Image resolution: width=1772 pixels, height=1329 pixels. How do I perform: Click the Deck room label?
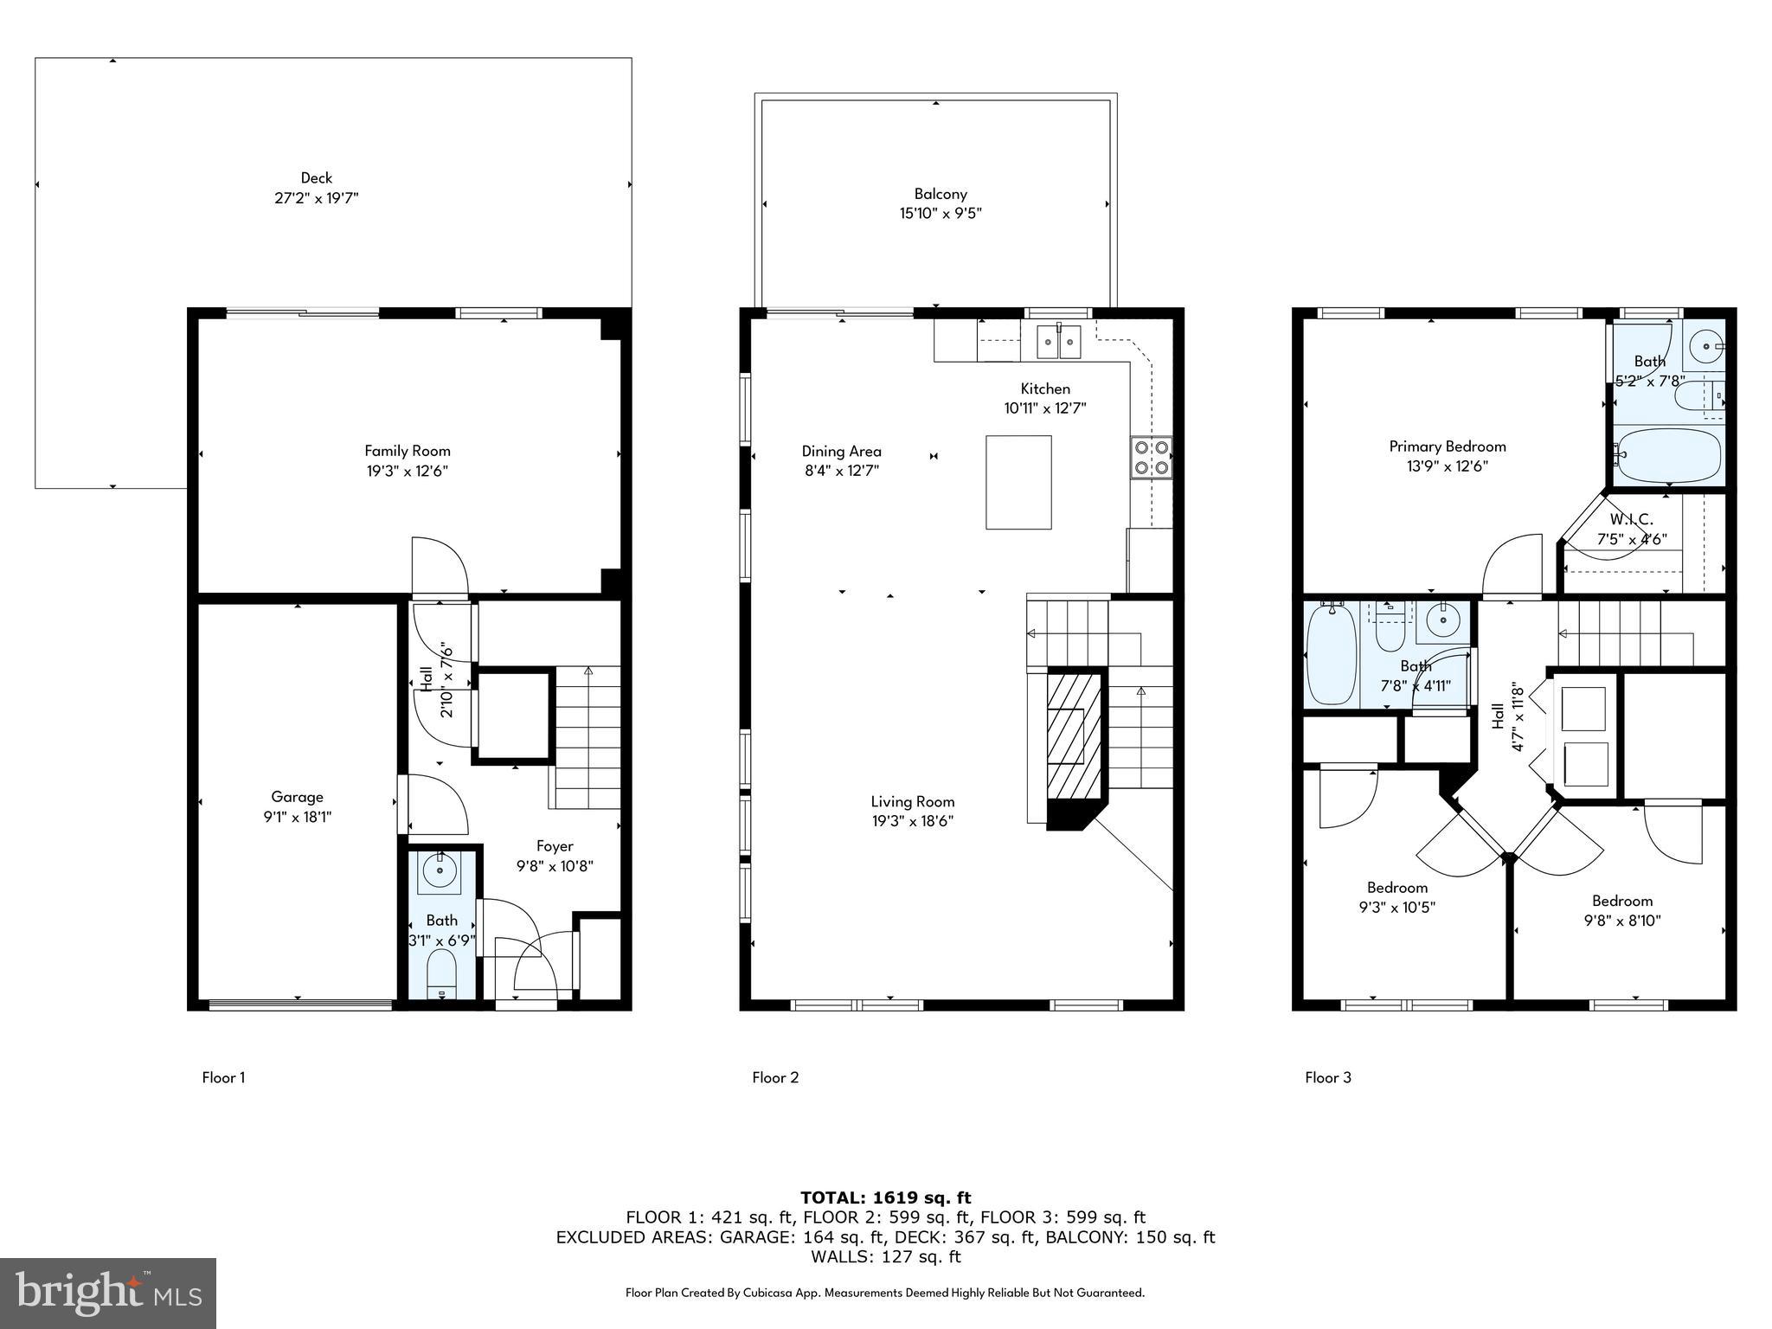pos(316,177)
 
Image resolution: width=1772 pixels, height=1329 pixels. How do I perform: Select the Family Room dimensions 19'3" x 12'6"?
pos(407,472)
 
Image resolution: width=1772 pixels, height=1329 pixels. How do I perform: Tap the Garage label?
pos(297,797)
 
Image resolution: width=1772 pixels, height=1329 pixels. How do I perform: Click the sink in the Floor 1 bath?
pos(440,870)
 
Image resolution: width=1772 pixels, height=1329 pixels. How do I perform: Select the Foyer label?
pos(555,846)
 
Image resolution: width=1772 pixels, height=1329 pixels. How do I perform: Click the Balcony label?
pos(941,194)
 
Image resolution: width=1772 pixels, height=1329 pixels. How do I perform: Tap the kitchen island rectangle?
pos(1018,482)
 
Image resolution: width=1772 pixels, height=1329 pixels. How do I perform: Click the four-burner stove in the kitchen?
pos(1151,458)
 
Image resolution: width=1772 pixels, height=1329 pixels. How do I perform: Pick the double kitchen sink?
pos(1059,342)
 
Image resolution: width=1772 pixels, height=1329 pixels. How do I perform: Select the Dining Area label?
pos(841,451)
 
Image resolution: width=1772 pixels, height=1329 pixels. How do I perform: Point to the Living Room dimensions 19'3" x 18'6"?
pos(912,822)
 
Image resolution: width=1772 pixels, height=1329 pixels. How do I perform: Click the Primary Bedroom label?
pos(1447,446)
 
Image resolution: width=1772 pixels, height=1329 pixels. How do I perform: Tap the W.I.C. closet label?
pos(1631,520)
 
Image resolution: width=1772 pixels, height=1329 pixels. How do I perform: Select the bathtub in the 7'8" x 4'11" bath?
pos(1331,654)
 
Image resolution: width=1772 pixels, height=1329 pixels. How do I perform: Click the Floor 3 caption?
pos(1327,1077)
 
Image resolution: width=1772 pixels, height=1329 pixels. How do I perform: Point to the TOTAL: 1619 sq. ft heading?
pos(885,1197)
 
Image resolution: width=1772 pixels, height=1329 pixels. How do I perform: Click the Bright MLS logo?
pos(107,1293)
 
